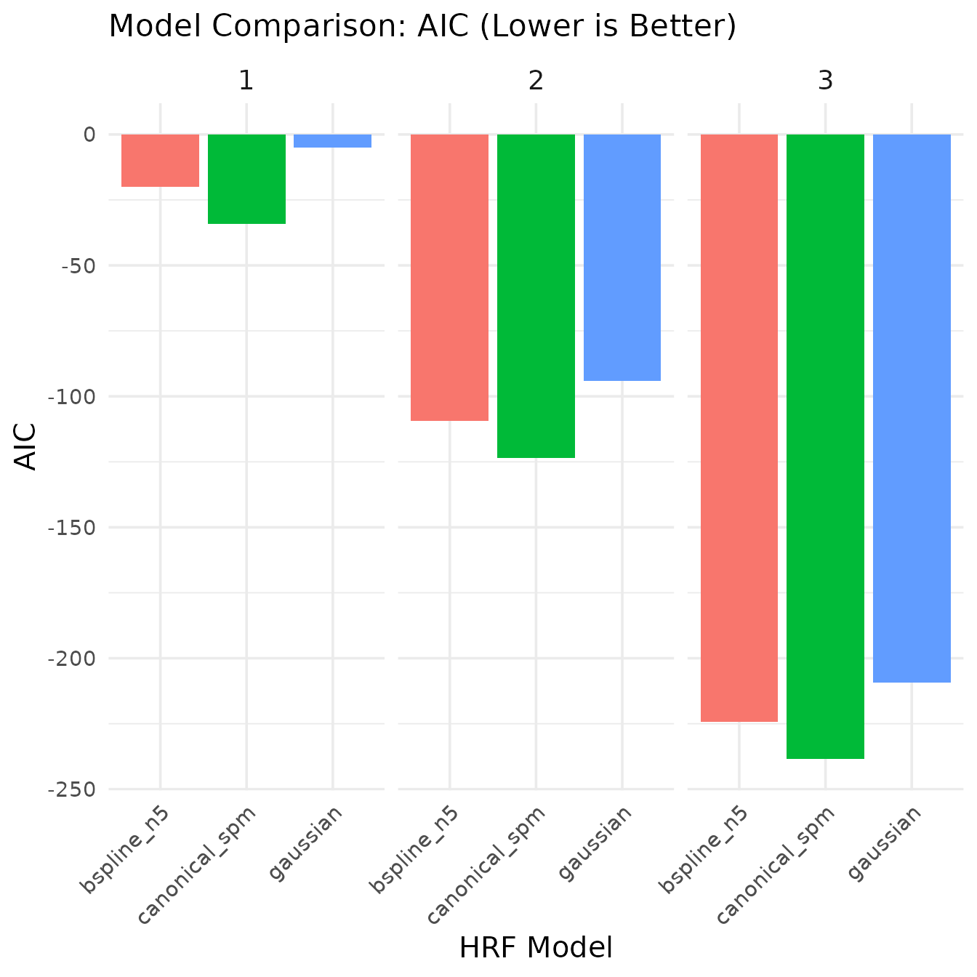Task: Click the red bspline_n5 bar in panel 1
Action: tap(160, 161)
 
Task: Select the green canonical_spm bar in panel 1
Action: tap(246, 179)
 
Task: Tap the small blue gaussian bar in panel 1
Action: tap(332, 141)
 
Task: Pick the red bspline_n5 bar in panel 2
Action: tap(449, 277)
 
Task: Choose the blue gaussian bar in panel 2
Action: tap(622, 257)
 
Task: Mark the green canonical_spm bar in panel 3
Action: tap(825, 446)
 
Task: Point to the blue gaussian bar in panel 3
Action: tap(912, 408)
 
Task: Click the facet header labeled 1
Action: tap(246, 81)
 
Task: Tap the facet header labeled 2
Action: tap(536, 81)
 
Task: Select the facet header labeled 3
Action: tap(825, 81)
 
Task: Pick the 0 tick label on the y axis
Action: tap(89, 134)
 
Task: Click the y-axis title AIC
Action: tap(26, 447)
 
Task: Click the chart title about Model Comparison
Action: tap(422, 27)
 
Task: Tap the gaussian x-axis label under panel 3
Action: tap(887, 843)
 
